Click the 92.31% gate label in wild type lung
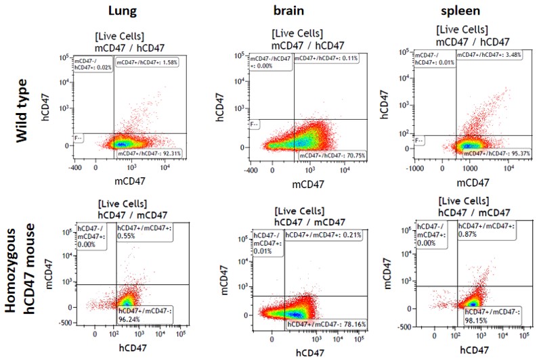[x=147, y=154]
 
